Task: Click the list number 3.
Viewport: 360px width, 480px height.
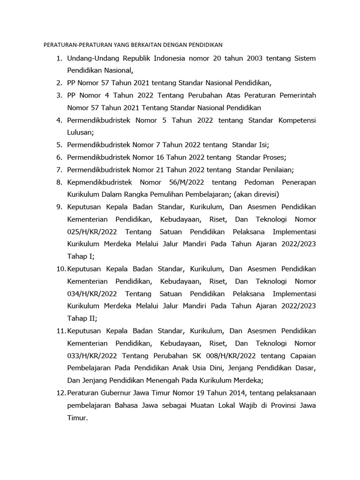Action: (59, 95)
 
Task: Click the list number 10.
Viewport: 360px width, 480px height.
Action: (60, 269)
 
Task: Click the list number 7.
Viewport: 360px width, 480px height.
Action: (59, 170)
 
